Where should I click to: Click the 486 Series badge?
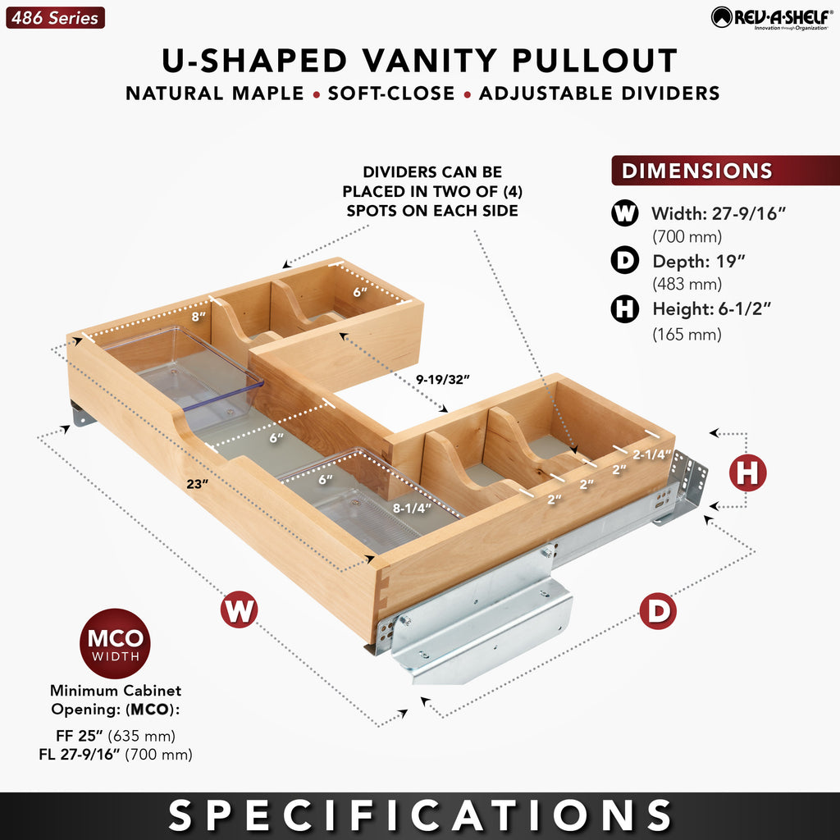[55, 18]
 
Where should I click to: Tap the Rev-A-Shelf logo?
[772, 18]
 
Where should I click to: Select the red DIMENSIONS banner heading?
[725, 171]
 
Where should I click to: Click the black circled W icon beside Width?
[624, 212]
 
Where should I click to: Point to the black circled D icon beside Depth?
[624, 260]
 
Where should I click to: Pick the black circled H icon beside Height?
[624, 308]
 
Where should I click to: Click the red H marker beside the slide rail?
[747, 472]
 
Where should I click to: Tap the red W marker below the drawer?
[239, 609]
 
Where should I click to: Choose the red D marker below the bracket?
[658, 611]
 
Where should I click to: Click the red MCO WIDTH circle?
[115, 643]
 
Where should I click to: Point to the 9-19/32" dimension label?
[442, 379]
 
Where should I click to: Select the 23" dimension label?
[197, 484]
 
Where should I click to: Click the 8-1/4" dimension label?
[412, 508]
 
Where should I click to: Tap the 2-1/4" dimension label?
[651, 454]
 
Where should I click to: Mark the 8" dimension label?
[199, 316]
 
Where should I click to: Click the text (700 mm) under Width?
[687, 236]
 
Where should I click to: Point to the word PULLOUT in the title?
[595, 60]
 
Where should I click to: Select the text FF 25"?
[80, 736]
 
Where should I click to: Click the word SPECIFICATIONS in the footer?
[420, 815]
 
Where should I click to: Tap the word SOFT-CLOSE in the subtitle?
[391, 94]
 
